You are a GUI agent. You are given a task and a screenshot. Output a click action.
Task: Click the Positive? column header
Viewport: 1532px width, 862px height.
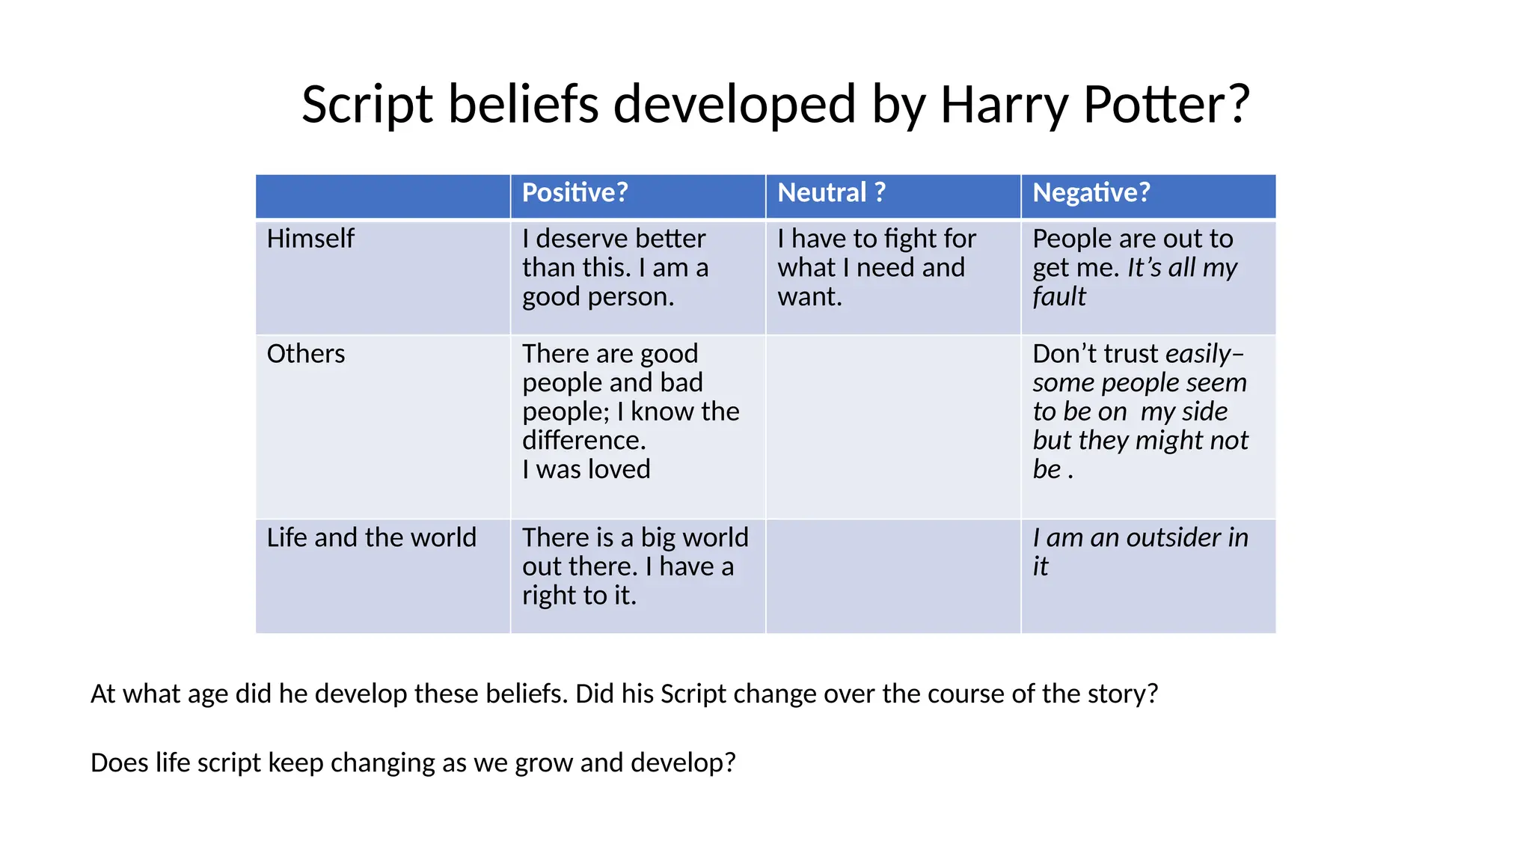[x=574, y=193]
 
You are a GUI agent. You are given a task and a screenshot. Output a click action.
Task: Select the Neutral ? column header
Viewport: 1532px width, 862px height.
[x=831, y=193]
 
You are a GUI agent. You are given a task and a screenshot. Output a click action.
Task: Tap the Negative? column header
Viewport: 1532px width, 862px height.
[x=1091, y=193]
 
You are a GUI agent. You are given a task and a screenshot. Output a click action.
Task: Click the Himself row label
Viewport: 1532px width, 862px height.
[x=310, y=239]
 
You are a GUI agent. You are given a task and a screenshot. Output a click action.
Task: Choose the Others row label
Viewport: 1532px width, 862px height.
[x=306, y=354]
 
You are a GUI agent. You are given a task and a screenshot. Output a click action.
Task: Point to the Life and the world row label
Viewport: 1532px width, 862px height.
[x=371, y=538]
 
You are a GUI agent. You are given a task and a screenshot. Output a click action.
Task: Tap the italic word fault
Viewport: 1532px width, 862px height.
[x=1058, y=297]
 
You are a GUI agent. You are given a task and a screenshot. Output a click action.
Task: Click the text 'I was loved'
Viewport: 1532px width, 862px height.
[x=586, y=469]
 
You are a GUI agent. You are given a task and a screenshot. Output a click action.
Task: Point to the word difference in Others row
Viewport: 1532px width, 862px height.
[x=583, y=441]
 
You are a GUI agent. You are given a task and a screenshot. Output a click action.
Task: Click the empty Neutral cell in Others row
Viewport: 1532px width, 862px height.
[x=893, y=427]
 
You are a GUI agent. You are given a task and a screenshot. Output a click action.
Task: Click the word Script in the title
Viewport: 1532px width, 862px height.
[x=367, y=104]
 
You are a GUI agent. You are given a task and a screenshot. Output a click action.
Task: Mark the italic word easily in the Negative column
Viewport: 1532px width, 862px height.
[x=1198, y=354]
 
